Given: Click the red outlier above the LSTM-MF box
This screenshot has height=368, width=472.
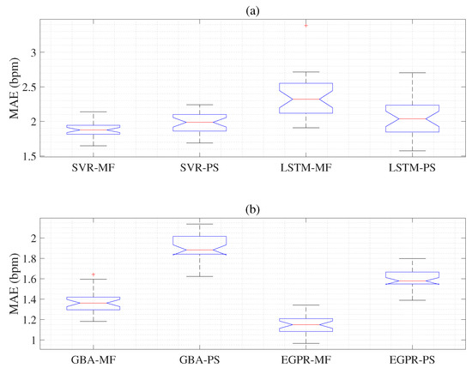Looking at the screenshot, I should coord(306,25).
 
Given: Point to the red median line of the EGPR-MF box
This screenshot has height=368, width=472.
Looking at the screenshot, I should coord(306,324).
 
